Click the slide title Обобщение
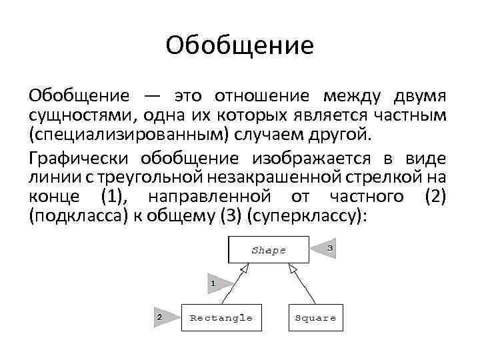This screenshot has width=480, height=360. tap(240, 46)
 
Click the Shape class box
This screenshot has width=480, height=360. tap(269, 251)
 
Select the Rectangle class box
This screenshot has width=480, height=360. tap(221, 318)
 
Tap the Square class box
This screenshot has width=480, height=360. tap(315, 318)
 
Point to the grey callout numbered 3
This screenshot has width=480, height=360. tap(325, 248)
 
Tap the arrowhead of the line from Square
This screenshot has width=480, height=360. tap(292, 268)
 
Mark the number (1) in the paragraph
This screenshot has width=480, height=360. tap(112, 197)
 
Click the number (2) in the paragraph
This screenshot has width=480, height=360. tap(435, 197)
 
